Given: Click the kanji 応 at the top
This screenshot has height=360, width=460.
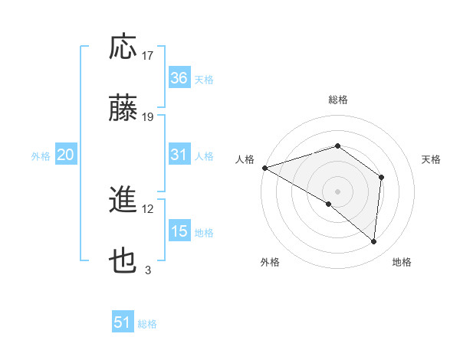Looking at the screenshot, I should tap(124, 47).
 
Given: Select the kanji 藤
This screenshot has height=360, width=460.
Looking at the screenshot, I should tap(124, 109).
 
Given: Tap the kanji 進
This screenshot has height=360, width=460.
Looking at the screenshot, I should tap(124, 201).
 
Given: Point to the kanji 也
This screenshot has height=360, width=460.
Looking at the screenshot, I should tap(124, 262).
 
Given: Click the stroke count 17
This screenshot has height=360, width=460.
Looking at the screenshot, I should tap(148, 56).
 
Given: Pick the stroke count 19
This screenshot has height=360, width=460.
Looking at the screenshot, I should tap(148, 117).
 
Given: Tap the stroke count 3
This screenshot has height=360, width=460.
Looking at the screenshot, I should tap(148, 270).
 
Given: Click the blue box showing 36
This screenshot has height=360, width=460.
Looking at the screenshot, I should tap(179, 78).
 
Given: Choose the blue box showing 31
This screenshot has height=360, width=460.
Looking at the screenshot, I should tap(179, 155).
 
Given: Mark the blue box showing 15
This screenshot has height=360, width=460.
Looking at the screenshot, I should tap(179, 231).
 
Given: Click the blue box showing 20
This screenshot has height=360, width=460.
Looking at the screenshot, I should tap(65, 155).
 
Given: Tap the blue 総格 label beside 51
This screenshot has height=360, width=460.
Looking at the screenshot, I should tap(147, 324).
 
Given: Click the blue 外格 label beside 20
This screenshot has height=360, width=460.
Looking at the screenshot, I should tap(41, 156).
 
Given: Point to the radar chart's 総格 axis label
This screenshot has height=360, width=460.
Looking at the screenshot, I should tap(337, 100).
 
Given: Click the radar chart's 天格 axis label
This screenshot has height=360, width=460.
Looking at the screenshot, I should tap(432, 159).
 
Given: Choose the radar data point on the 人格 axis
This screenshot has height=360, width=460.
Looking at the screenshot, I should tap(264, 167).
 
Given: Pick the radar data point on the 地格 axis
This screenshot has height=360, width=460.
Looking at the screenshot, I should tap(374, 242).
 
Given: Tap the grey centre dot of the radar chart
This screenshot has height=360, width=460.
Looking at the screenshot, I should tap(337, 191).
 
